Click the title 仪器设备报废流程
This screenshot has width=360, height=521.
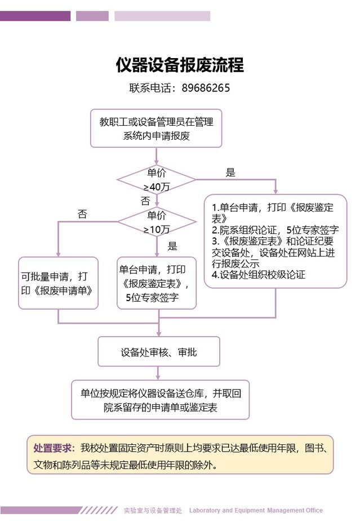(x=180, y=65)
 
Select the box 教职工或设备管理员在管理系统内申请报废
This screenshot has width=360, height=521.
(x=156, y=128)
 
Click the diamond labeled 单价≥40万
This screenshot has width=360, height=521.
(x=156, y=179)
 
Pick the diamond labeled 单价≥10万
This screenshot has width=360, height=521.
(x=156, y=222)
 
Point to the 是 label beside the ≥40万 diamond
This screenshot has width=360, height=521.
(x=230, y=173)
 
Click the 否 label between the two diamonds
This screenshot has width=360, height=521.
(x=145, y=201)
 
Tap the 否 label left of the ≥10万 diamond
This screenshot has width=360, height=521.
(x=82, y=214)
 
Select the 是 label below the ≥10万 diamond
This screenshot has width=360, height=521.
(x=172, y=246)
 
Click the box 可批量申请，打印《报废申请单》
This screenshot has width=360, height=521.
(x=58, y=283)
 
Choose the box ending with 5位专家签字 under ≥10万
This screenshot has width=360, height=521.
(x=157, y=283)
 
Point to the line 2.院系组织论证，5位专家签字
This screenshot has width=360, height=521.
(x=274, y=230)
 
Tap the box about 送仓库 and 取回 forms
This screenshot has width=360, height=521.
(x=161, y=400)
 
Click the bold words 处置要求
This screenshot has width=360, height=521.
(x=54, y=449)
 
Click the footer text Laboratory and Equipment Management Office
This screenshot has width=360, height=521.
(x=256, y=510)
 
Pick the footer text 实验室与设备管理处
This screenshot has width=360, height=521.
(x=153, y=510)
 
